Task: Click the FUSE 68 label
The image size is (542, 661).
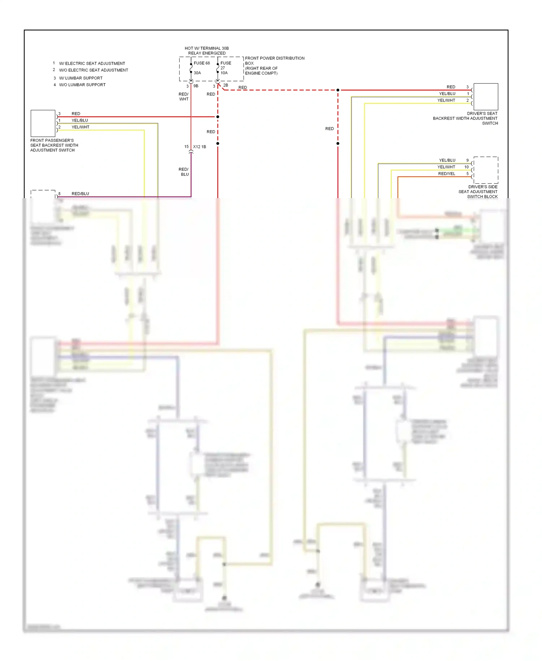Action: [x=202, y=63]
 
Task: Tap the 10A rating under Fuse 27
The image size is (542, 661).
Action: [x=224, y=73]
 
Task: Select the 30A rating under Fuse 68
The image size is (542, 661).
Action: [x=197, y=73]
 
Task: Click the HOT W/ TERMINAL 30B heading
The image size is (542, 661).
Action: [x=207, y=48]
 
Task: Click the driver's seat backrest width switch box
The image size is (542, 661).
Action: [x=486, y=97]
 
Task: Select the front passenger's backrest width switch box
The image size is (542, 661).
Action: [x=43, y=123]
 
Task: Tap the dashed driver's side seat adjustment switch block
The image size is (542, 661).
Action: [x=486, y=170]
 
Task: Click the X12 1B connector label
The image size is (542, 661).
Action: [x=199, y=147]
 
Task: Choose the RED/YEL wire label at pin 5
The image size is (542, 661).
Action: [x=447, y=174]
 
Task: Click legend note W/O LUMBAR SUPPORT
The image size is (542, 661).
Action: [x=82, y=85]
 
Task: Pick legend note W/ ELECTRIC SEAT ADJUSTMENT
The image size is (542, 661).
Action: [x=92, y=63]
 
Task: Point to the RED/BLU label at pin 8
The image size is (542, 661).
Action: [x=80, y=194]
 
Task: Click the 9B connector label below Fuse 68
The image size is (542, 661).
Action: [x=196, y=86]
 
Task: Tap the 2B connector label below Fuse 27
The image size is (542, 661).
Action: [x=225, y=85]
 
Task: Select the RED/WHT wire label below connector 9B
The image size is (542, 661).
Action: [x=184, y=97]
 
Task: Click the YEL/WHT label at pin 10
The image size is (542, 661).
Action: [x=446, y=167]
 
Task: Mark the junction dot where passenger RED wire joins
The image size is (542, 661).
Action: [x=218, y=117]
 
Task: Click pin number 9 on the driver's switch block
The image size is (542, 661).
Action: [x=467, y=160]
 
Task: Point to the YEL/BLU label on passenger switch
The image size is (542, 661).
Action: [x=79, y=120]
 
